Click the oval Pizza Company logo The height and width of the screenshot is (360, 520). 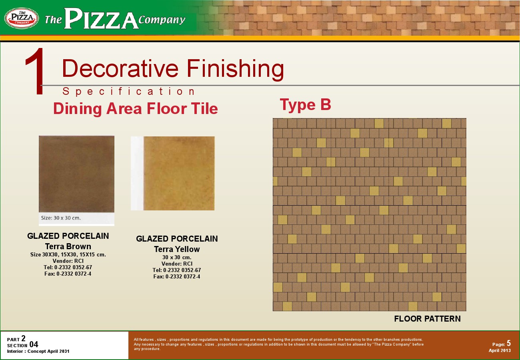22,18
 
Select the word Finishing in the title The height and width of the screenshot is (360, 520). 235,68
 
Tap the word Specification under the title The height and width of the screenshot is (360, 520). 128,92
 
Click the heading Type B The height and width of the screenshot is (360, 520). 305,105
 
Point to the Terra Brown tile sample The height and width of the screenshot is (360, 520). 76,174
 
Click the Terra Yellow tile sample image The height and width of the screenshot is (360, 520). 179,173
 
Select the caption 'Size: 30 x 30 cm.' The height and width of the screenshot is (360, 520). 61,218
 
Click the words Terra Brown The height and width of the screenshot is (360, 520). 68,246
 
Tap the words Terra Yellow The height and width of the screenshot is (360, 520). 177,249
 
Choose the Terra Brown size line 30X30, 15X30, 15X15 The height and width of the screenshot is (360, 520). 68,255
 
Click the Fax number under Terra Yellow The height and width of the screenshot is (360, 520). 177,276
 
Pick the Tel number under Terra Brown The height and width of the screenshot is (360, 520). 68,267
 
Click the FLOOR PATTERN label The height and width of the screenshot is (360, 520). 427,319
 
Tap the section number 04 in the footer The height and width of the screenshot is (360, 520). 34,344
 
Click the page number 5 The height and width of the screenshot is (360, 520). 509,343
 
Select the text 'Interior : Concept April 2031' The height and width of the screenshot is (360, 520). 38,351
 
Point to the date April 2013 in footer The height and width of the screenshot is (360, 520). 500,350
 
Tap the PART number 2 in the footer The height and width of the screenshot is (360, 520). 23,338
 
